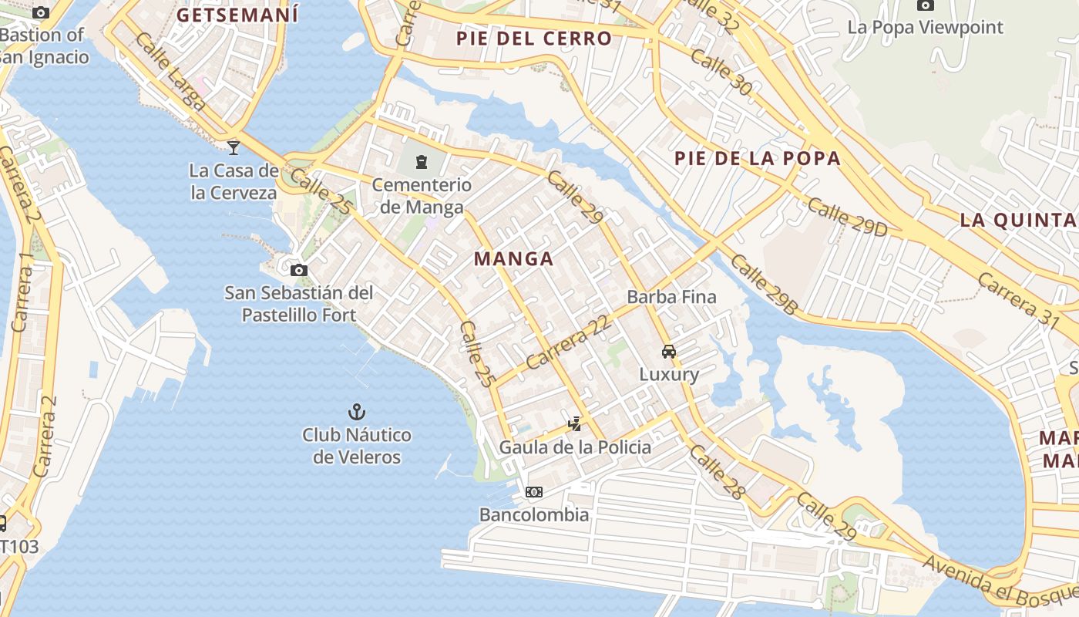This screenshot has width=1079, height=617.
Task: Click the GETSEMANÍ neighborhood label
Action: (x=237, y=14)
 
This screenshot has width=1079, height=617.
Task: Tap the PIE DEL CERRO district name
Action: (x=533, y=39)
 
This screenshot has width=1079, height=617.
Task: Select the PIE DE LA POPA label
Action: (x=757, y=159)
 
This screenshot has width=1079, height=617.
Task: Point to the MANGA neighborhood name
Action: (x=513, y=259)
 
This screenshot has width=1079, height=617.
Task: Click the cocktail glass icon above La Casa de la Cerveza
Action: (x=234, y=147)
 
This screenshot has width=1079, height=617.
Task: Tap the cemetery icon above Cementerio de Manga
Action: (x=422, y=162)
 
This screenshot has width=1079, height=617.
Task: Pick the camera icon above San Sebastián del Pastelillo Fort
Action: (x=298, y=270)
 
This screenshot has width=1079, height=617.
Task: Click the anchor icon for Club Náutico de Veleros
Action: (x=356, y=411)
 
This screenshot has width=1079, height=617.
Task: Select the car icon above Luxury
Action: (x=669, y=352)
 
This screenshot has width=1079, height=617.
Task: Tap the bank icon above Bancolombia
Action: (x=533, y=492)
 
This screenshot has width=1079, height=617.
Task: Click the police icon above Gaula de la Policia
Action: (x=574, y=423)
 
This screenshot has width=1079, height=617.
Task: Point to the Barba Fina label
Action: (x=671, y=297)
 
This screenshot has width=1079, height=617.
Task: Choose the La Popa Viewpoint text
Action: (x=925, y=28)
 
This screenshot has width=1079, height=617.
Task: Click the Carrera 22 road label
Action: (x=569, y=341)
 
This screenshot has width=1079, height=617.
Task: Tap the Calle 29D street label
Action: (x=848, y=217)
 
